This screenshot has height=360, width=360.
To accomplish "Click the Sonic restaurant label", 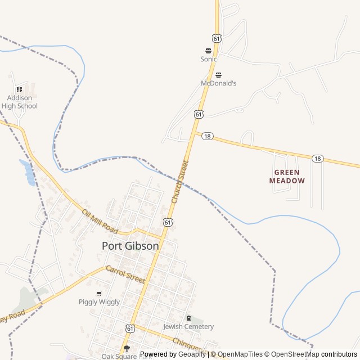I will tap(209, 58).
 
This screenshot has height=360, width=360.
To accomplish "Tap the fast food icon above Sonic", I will tap(209, 51).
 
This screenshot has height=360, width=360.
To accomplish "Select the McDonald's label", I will tap(219, 83).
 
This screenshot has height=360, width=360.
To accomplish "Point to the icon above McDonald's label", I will tap(219, 75).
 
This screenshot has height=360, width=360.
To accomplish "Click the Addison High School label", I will tap(20, 102).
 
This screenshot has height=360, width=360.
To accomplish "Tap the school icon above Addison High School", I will tap(20, 89).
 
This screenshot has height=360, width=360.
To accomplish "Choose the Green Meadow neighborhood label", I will tap(287, 177).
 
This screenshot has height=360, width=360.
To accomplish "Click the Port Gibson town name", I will tap(130, 246).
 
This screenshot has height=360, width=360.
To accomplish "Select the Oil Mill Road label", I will tap(100, 222).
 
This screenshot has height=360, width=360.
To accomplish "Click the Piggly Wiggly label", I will tap(99, 302).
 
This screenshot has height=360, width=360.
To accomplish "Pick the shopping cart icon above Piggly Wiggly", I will tap(99, 294).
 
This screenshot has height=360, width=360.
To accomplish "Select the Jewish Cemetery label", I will tap(188, 327).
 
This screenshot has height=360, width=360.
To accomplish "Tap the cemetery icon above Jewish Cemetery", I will tap(188, 318).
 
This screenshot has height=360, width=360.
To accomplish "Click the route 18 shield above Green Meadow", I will tap(318, 159).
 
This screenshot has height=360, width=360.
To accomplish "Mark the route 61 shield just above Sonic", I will tap(217, 38).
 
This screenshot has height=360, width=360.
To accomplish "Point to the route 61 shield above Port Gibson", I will tap(168, 223).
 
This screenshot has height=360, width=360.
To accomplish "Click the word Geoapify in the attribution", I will tap(192, 354).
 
